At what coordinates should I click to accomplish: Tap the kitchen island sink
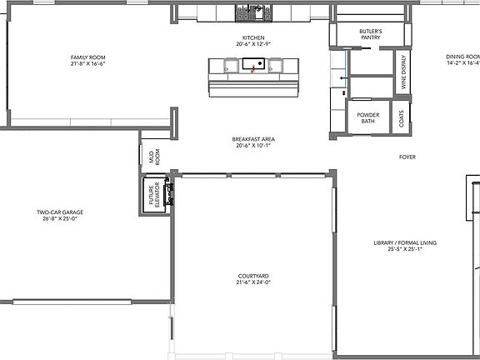pyautogui.click(x=253, y=63)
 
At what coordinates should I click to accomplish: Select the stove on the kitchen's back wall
pyautogui.click(x=253, y=13)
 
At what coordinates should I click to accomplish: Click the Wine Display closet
pyautogui.click(x=403, y=72)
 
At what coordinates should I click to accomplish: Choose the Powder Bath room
pyautogui.click(x=367, y=118)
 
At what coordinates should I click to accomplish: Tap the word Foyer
pyautogui.click(x=407, y=157)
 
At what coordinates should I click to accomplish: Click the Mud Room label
pyautogui.click(x=153, y=156)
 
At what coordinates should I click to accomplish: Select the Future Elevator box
pyautogui.click(x=153, y=194)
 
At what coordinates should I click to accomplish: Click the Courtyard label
pyautogui.click(x=253, y=276)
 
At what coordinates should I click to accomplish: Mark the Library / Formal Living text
pyautogui.click(x=405, y=243)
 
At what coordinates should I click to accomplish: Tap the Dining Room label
pyautogui.click(x=462, y=57)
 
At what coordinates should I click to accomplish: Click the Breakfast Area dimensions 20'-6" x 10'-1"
pyautogui.click(x=254, y=145)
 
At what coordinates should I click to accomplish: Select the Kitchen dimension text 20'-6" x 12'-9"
pyautogui.click(x=253, y=45)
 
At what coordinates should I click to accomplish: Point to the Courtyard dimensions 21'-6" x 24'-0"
pyautogui.click(x=253, y=282)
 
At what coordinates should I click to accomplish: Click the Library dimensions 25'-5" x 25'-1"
pyautogui.click(x=405, y=249)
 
